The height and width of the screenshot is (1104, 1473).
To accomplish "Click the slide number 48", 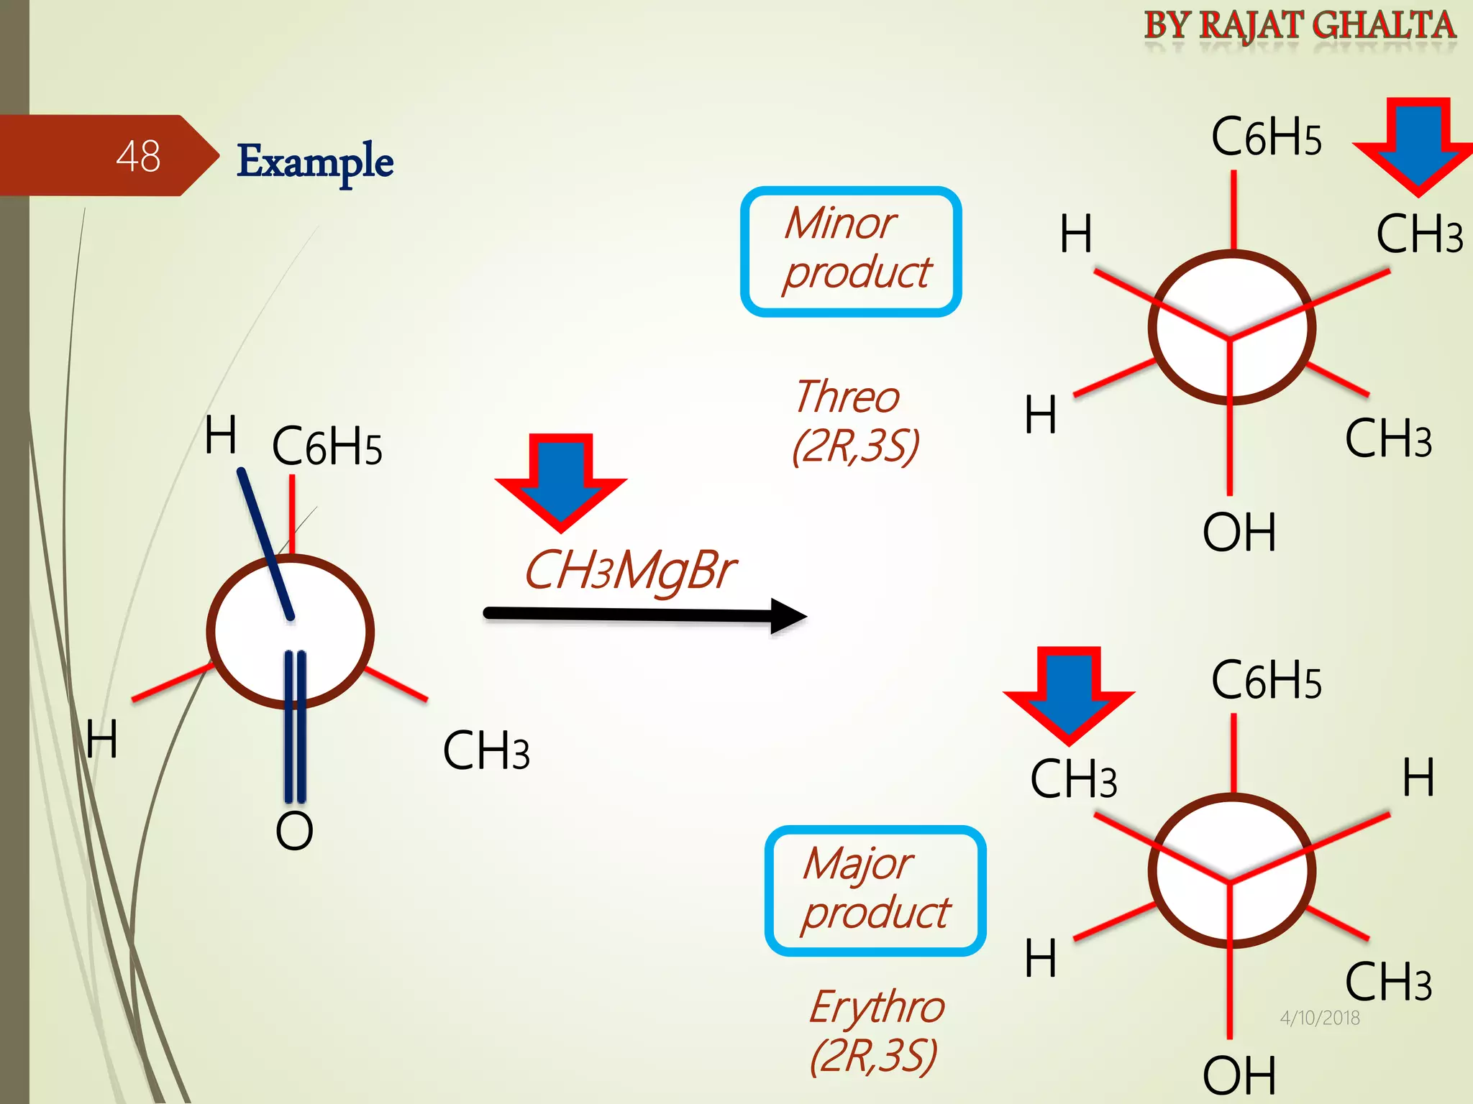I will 138,156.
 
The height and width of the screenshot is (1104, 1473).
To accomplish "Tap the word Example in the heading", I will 315,161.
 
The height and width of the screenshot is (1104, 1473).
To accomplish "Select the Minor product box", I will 851,251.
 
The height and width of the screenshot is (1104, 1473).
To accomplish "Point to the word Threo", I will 847,397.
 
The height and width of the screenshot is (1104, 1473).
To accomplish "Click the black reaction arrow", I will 644,615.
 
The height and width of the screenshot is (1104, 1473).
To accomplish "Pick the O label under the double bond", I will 294,832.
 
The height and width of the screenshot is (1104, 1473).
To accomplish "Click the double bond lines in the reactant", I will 296,726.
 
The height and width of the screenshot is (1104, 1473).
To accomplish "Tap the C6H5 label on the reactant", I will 327,446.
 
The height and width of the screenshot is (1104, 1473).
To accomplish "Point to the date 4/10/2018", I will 1319,1018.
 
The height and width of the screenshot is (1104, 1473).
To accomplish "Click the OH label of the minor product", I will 1239,533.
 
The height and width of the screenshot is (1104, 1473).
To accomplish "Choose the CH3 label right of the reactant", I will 486,750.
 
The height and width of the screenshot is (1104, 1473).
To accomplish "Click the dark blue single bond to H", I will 265,543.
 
